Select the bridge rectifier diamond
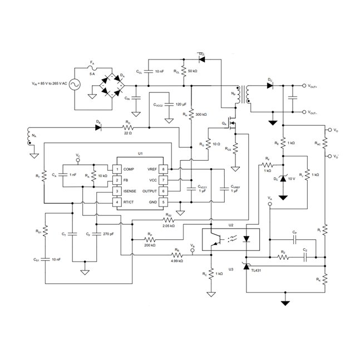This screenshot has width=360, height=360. point(112,86)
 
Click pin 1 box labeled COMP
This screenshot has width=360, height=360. point(117,169)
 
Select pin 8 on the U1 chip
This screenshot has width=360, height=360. point(164,169)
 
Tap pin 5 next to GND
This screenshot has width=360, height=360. point(164,201)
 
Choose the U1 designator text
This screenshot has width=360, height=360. point(140,153)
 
